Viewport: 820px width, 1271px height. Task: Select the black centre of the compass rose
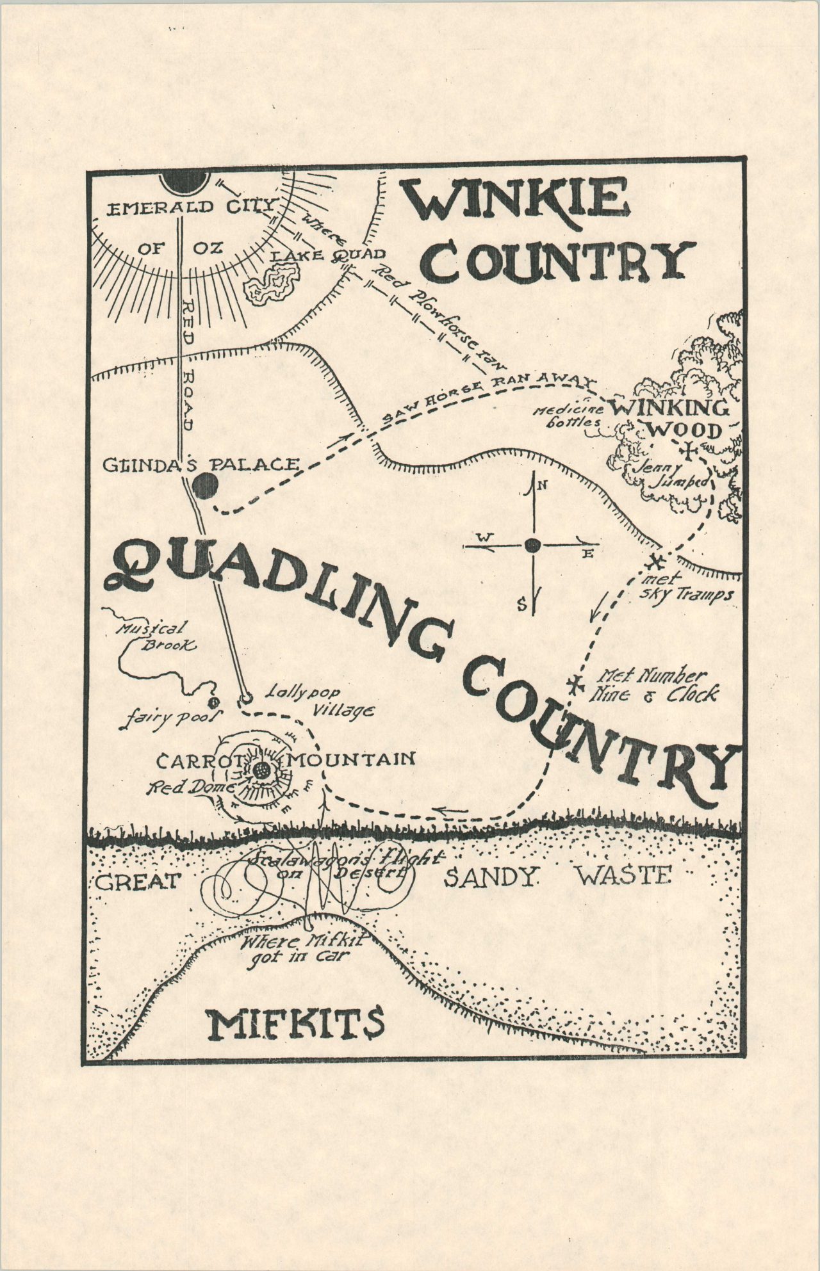[x=532, y=546]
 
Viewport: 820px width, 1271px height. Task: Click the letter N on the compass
[x=542, y=485]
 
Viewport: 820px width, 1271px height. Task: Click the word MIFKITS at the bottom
[x=295, y=1024]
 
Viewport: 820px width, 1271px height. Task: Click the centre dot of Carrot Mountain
[x=261, y=771]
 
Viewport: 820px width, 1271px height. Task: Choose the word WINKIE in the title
[x=512, y=200]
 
